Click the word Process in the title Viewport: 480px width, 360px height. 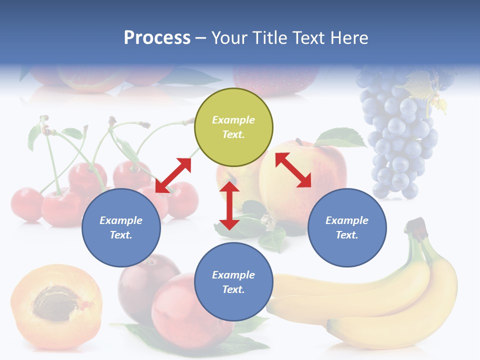[157, 38]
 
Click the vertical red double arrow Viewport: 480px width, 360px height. [229, 205]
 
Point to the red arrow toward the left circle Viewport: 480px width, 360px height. [173, 175]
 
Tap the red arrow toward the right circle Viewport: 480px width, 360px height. [293, 170]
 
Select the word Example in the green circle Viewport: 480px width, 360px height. [233, 120]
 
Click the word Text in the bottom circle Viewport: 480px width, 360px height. [233, 289]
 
